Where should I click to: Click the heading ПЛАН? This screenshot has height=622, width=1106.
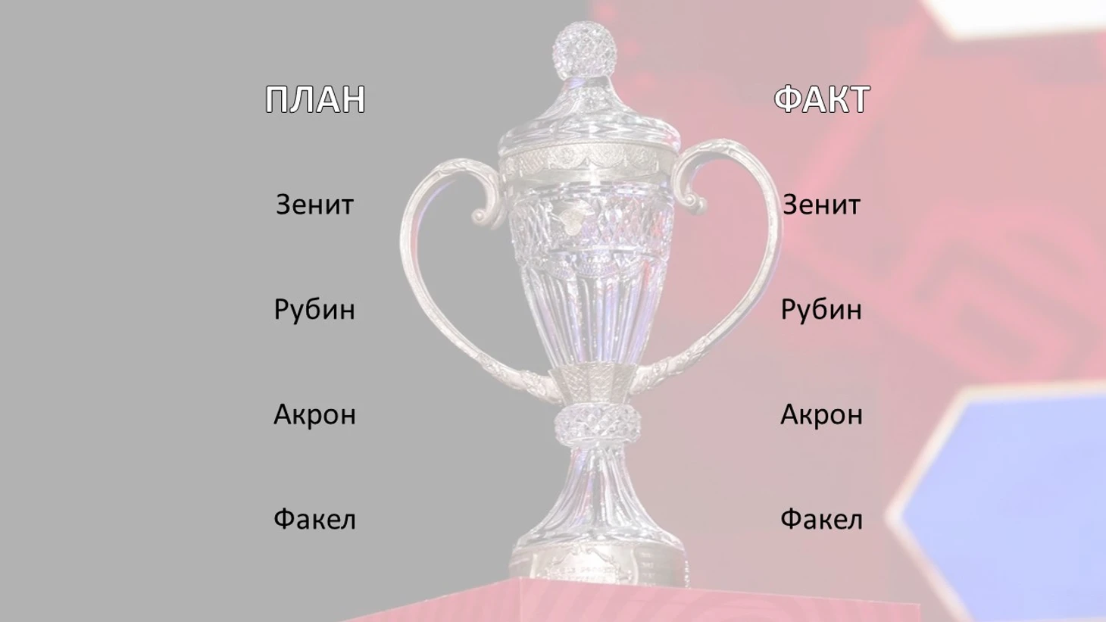click(x=315, y=99)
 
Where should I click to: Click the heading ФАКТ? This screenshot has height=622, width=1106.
click(x=822, y=99)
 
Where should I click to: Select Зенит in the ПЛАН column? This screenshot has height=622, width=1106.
click(x=314, y=205)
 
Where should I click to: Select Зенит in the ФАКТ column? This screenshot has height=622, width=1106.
click(x=822, y=205)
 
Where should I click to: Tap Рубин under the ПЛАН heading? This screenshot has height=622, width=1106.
click(x=314, y=311)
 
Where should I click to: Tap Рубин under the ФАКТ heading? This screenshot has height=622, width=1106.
click(x=822, y=311)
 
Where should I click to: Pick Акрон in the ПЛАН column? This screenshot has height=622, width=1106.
click(x=314, y=414)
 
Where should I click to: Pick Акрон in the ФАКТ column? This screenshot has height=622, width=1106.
click(x=822, y=414)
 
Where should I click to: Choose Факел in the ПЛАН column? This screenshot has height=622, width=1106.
click(x=314, y=519)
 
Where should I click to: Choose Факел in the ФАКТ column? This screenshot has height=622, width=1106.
click(x=822, y=519)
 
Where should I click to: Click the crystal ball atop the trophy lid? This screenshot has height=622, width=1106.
click(x=585, y=49)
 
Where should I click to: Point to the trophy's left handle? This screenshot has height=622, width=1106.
click(x=420, y=277)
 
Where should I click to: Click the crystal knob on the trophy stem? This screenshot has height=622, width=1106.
click(x=598, y=424)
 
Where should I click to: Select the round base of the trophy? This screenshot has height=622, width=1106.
click(x=598, y=558)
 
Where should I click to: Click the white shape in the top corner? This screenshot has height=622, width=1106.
click(x=1012, y=17)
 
